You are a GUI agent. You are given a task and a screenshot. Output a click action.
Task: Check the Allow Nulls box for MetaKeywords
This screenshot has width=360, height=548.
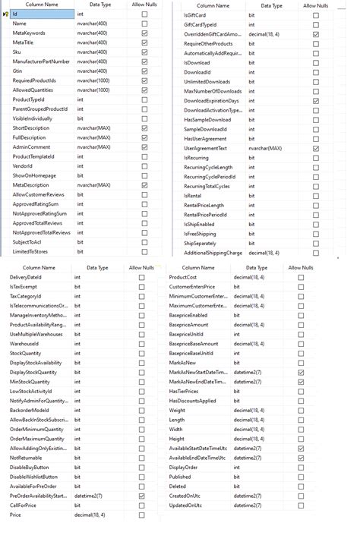click(x=144, y=33)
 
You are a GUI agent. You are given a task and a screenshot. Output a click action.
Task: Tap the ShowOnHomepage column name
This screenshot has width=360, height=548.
click(x=34, y=175)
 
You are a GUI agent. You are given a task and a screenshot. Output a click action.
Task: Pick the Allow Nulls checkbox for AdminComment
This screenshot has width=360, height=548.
click(x=144, y=146)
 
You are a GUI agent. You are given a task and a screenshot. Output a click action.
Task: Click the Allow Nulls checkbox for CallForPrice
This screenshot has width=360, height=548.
click(x=141, y=505)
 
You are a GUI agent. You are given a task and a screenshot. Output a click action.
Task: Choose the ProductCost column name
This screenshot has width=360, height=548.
click(x=183, y=278)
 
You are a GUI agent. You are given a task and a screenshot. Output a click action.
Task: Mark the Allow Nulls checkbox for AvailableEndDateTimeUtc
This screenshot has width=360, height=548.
click(x=301, y=458)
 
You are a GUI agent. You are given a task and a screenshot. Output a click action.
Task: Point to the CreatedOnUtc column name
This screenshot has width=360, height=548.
click(x=187, y=496)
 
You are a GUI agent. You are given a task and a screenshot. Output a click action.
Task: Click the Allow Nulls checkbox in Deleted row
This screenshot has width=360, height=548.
click(x=301, y=487)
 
